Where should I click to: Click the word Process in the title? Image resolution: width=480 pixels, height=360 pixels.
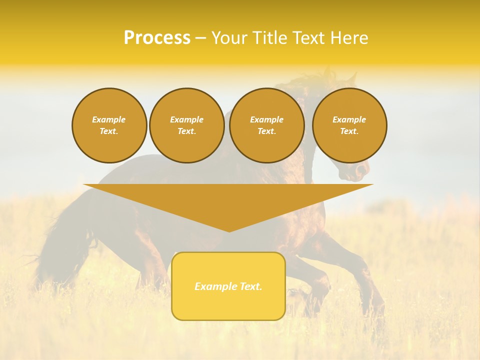157,38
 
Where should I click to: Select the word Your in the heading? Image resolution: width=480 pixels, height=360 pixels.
230,38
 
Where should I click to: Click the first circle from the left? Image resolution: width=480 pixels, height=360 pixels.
109,125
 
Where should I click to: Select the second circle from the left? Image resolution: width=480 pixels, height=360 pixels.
186,125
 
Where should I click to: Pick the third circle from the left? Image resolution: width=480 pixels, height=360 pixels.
266,125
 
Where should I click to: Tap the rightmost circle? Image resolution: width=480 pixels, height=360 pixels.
349,125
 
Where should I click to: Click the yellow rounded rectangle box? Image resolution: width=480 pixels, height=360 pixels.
228,286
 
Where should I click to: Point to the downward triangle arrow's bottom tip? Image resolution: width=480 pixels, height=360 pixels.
229,230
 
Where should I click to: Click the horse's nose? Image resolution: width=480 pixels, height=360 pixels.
361,173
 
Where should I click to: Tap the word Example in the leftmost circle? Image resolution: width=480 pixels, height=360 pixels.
109,120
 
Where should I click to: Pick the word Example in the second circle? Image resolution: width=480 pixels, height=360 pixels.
186,120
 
